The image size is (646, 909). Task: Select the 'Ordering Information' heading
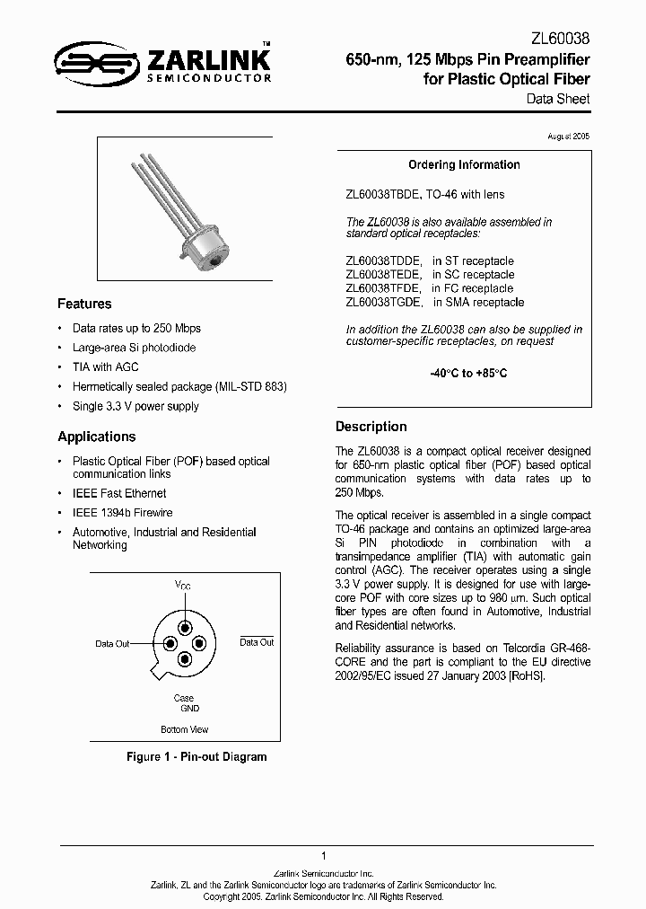[x=464, y=165]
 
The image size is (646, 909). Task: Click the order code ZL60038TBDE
[x=384, y=195]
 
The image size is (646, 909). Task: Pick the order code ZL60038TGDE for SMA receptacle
[x=384, y=303]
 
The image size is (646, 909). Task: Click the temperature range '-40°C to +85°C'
[x=464, y=373]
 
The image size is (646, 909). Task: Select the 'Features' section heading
[x=84, y=304]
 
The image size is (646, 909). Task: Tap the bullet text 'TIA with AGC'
[x=105, y=367]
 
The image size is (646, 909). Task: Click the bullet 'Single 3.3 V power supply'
[x=135, y=406]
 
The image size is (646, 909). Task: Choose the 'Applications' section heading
[x=97, y=437]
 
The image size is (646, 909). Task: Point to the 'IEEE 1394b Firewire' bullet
[x=122, y=513]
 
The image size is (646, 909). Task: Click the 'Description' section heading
[x=371, y=427]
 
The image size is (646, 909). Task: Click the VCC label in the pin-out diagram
[x=183, y=586]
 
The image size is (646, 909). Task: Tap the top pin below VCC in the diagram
[x=185, y=626]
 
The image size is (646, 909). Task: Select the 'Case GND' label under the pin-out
[x=184, y=703]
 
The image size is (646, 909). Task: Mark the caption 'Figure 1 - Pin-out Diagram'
[x=196, y=757]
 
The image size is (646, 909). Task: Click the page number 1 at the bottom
[x=323, y=856]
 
